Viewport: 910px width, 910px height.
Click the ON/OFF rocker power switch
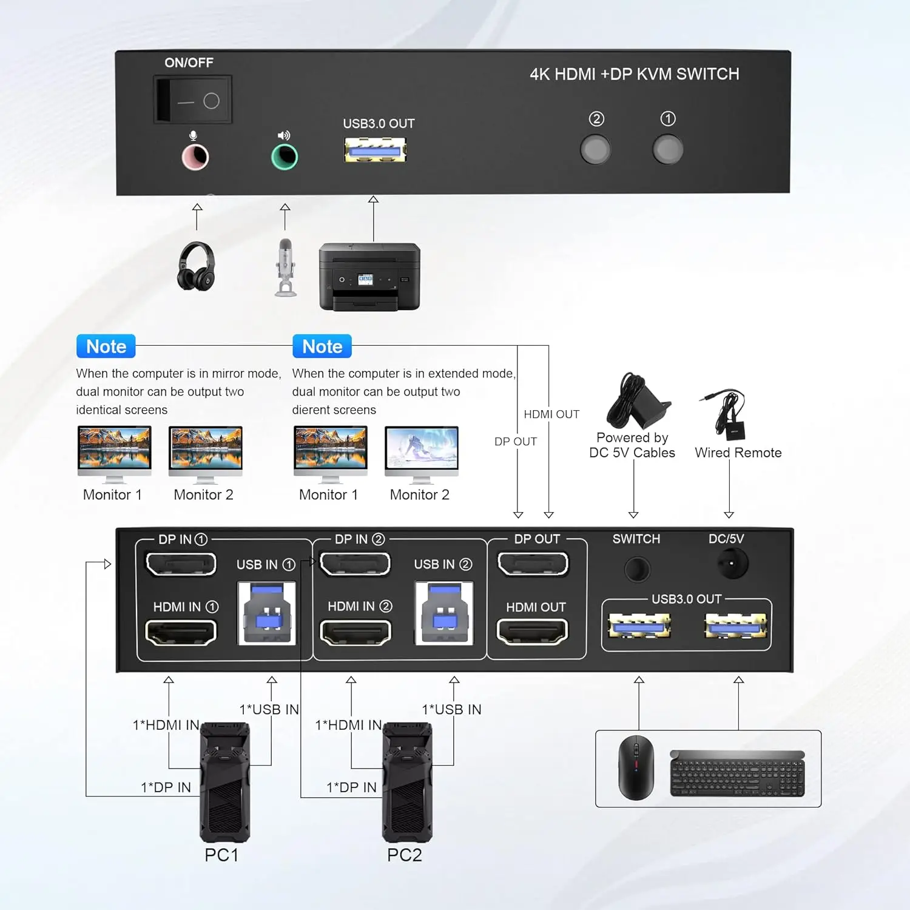pos(193,100)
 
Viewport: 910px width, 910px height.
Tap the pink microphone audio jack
pos(195,158)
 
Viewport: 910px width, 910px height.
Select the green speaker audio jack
pos(285,158)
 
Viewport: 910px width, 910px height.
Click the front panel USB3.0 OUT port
pos(375,150)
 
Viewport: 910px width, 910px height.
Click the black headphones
pos(196,266)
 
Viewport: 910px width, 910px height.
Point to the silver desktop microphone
pos(286,267)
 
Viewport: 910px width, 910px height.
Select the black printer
pos(369,277)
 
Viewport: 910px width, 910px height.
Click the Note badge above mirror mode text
pos(106,346)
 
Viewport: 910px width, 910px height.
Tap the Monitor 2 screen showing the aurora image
pos(422,450)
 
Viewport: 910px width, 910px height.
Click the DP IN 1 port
pos(181,564)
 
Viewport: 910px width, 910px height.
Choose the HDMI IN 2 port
pos(356,633)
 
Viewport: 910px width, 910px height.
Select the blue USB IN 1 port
pos(267,613)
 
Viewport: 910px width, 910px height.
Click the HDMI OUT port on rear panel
pos(533,632)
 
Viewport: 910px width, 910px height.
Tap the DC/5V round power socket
pos(732,564)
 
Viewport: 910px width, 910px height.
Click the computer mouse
pos(636,767)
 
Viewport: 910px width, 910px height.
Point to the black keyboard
pos(737,773)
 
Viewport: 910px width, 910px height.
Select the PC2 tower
pos(407,782)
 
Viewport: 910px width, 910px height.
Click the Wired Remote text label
pos(738,453)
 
